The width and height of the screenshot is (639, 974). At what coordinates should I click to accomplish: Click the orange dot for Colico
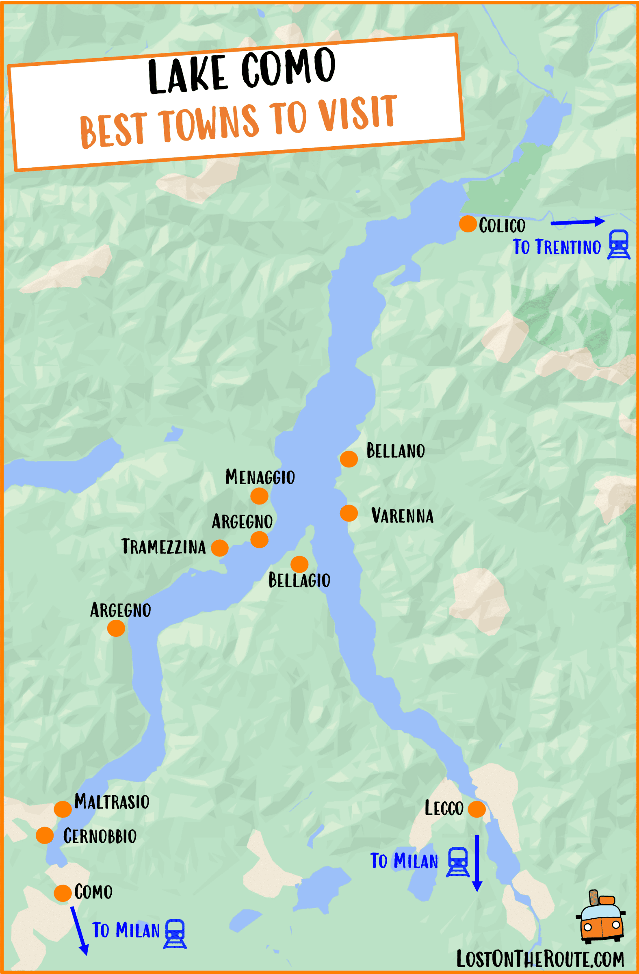[x=468, y=224]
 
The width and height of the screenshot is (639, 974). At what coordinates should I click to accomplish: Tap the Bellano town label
[x=395, y=450]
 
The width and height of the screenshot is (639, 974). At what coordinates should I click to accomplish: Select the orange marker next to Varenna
[x=349, y=513]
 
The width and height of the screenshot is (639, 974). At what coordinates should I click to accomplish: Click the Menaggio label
[x=260, y=477]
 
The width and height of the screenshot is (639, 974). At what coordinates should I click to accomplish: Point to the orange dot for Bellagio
[x=299, y=564]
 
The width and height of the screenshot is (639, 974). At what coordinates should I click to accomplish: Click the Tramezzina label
[x=163, y=547]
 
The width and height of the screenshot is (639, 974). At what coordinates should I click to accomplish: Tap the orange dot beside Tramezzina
[x=220, y=548]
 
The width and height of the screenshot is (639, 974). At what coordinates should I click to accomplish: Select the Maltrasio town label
[x=112, y=802]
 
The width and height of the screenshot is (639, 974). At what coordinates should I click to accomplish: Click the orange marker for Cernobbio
[x=45, y=835]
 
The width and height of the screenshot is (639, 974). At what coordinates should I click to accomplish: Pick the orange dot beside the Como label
[x=63, y=893]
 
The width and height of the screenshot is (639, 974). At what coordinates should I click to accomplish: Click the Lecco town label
[x=444, y=808]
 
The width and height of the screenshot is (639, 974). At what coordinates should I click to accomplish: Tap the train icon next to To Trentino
[x=619, y=245]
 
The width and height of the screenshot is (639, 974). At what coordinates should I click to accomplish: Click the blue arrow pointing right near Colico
[x=577, y=222]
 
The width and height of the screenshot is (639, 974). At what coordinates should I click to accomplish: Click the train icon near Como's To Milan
[x=175, y=934]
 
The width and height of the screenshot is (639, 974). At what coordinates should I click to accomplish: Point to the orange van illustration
[x=600, y=918]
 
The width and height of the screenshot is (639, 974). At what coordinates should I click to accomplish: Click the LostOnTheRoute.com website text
[x=540, y=959]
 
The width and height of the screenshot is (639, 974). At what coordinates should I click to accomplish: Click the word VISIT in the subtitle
[x=357, y=114]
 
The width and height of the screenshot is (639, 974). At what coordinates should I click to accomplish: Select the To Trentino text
[x=557, y=247]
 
